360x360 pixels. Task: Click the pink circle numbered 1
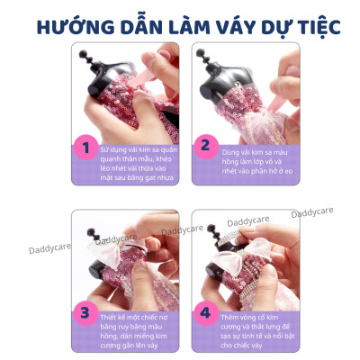point(87,147)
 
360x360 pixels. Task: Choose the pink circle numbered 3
point(87,313)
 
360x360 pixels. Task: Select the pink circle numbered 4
point(204,313)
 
